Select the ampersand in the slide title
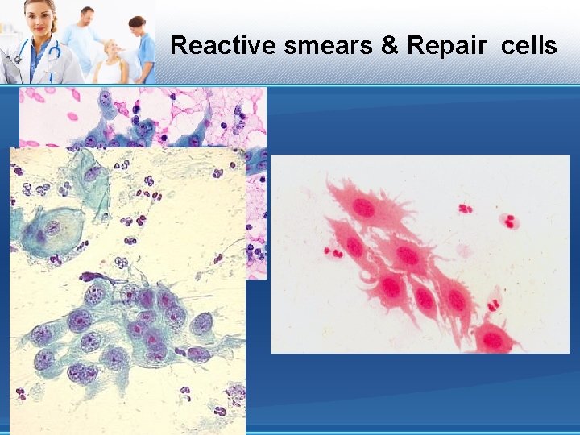point(390,45)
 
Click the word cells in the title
point(528,45)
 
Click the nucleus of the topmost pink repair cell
point(363,208)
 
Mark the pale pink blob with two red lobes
point(508,221)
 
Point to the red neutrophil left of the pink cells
point(333,252)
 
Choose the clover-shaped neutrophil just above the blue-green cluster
point(122,263)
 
